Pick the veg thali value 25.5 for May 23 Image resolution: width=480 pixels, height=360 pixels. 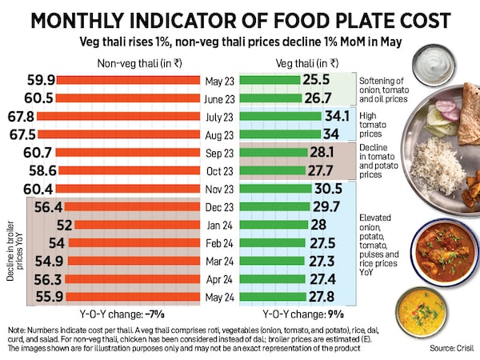pos(318,81)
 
